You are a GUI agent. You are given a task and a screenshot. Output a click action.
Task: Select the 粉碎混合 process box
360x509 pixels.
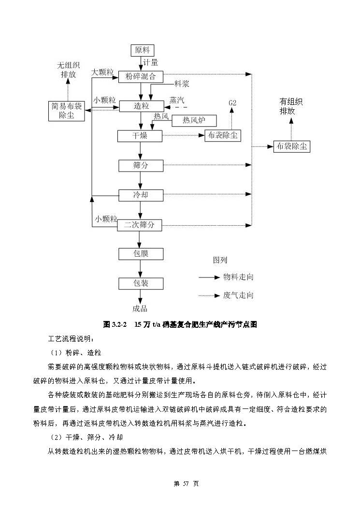click(x=141, y=76)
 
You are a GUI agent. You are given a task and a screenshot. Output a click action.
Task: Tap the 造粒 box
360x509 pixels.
click(x=141, y=106)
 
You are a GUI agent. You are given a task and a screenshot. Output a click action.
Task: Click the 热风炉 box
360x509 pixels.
click(x=192, y=120)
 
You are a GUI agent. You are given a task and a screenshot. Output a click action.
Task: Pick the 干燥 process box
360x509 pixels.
click(x=140, y=136)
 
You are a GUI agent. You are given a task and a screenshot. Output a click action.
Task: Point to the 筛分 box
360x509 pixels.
click(x=141, y=165)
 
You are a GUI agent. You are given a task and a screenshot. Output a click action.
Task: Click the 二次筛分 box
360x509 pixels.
click(x=140, y=224)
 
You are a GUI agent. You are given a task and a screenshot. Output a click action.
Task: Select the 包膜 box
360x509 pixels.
click(x=141, y=254)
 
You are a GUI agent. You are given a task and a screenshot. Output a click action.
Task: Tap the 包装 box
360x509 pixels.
click(x=141, y=283)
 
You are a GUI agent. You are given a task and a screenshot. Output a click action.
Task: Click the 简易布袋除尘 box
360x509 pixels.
click(x=67, y=111)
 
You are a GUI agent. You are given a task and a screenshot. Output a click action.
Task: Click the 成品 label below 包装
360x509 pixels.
click(x=140, y=308)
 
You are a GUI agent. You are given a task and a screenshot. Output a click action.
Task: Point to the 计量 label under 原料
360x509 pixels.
click(x=150, y=62)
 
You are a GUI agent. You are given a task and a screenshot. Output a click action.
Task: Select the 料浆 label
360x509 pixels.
click(x=182, y=84)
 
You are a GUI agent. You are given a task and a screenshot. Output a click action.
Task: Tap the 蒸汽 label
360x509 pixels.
click(x=177, y=100)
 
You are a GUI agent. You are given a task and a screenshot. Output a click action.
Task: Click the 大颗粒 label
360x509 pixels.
click(x=102, y=72)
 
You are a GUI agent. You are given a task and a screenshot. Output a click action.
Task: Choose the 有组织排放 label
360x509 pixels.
click(x=291, y=106)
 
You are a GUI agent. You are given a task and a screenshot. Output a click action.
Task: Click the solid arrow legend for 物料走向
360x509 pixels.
click(x=209, y=277)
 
